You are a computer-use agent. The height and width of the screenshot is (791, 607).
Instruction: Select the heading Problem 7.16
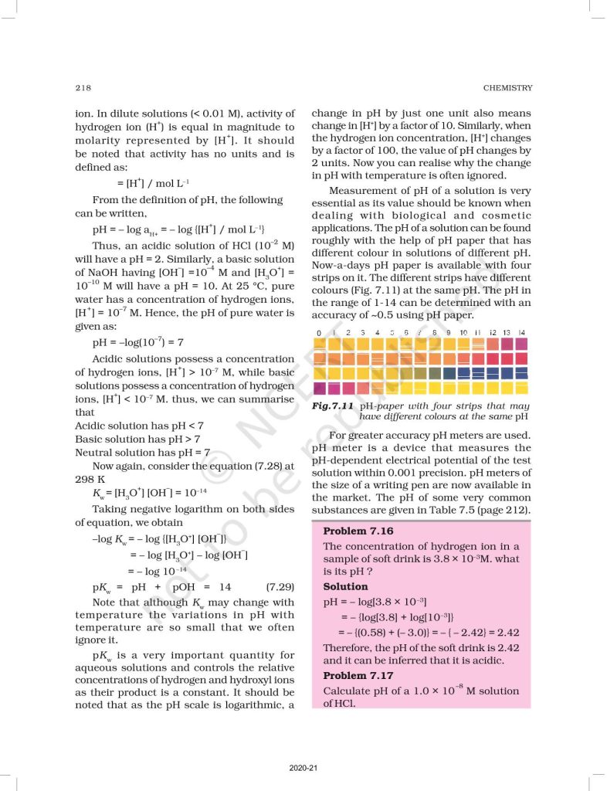point(358,531)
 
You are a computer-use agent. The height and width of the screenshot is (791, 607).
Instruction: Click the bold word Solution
point(345,586)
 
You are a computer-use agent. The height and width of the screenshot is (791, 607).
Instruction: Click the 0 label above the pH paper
point(319,333)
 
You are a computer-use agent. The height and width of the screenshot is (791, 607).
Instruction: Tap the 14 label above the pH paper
point(522,333)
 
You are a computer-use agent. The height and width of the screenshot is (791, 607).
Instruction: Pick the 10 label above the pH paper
point(463,333)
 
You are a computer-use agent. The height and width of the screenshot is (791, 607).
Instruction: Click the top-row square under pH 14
point(522,344)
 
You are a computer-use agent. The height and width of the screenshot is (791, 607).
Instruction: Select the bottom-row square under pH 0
point(319,388)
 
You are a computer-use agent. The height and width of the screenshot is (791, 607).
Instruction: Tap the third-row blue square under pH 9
point(449,373)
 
